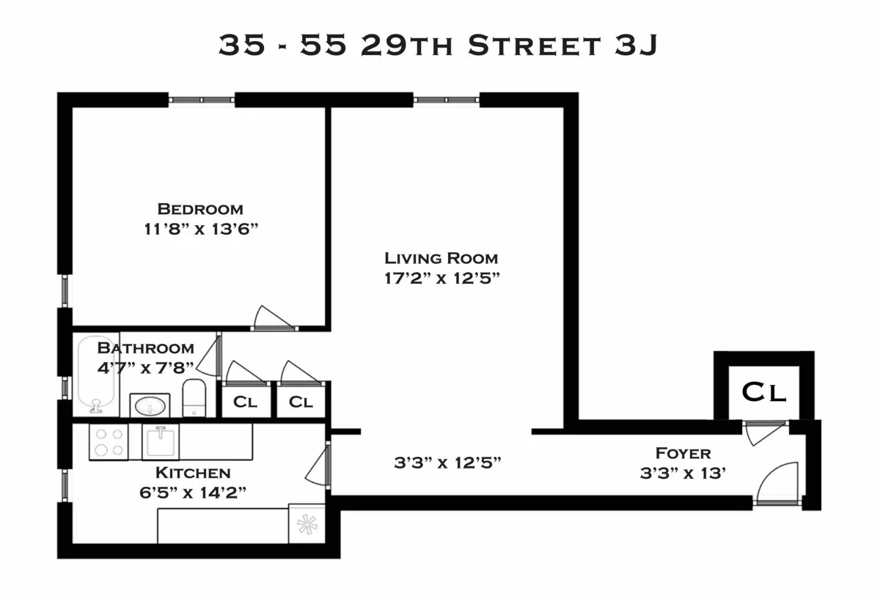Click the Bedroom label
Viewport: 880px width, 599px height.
(x=200, y=209)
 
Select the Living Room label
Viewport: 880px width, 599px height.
(x=441, y=258)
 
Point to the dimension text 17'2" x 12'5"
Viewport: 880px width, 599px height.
(x=441, y=278)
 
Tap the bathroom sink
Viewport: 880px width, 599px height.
(x=150, y=405)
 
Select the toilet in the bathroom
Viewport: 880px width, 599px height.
(x=194, y=397)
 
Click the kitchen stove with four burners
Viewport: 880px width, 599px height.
(x=109, y=441)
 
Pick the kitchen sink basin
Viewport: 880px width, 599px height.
(x=161, y=441)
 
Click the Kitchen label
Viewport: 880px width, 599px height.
(x=193, y=473)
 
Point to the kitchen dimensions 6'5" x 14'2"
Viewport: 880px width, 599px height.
(x=194, y=492)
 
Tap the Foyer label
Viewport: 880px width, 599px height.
(x=683, y=453)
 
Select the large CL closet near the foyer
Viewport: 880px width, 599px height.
(x=764, y=392)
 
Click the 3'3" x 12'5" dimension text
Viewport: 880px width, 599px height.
(x=447, y=463)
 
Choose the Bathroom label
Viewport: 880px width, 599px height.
(x=146, y=348)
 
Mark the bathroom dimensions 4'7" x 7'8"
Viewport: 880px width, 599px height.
(x=146, y=367)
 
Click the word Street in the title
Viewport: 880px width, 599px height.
(x=533, y=45)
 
